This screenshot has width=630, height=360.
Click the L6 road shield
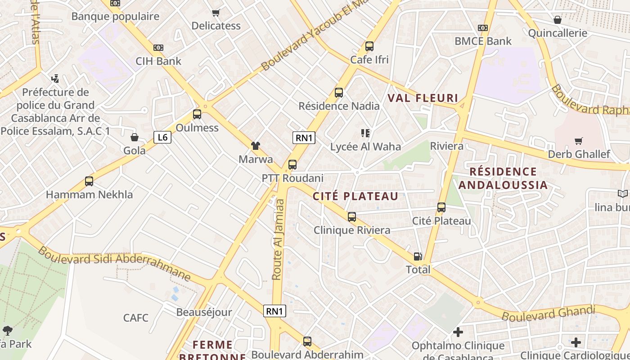(162, 137)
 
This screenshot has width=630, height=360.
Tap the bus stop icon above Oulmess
(197, 114)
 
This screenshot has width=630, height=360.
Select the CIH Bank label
(158, 61)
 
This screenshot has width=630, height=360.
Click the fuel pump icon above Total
(418, 256)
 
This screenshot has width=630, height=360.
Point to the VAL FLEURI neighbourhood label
(423, 98)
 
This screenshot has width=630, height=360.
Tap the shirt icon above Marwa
(256, 146)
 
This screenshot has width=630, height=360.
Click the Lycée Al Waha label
(365, 147)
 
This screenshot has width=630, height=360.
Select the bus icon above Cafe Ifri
(369, 46)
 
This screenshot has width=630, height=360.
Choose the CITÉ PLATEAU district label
(355, 196)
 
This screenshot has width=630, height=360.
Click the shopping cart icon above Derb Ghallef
(579, 141)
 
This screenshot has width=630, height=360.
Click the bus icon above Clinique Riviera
(352, 217)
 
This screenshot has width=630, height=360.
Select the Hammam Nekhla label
(90, 195)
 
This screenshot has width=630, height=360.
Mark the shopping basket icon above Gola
(135, 137)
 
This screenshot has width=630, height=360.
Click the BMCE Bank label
(483, 41)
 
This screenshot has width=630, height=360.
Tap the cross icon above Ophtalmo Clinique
(458, 333)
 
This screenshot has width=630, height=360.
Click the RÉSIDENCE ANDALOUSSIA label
(503, 178)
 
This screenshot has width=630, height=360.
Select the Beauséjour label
(204, 312)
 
